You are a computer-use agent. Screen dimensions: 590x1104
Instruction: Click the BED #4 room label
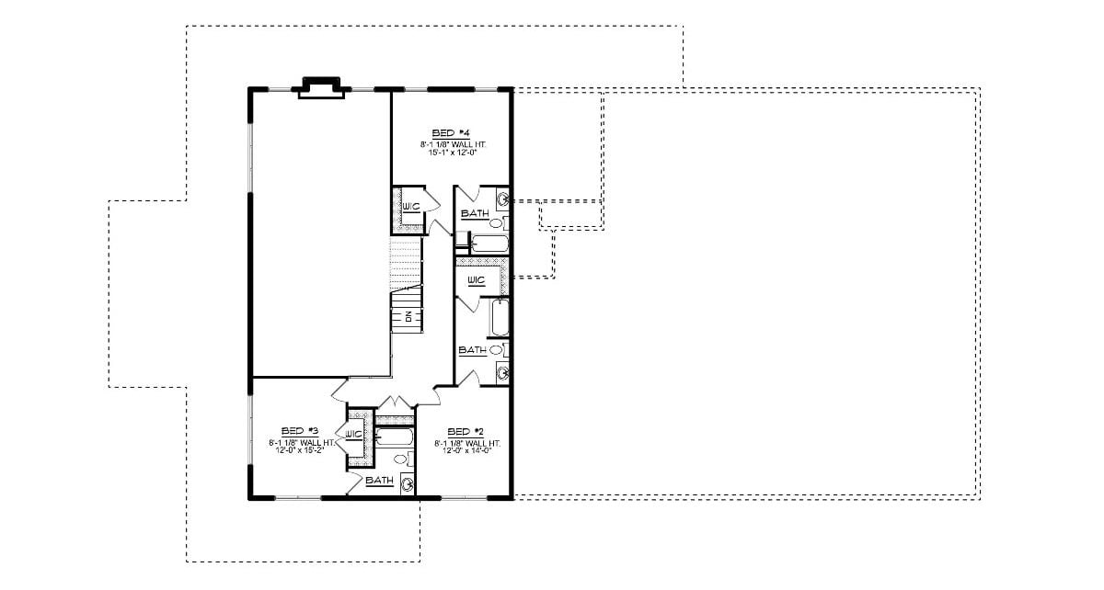coord(450,133)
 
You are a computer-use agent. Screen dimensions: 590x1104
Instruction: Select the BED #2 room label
coord(465,431)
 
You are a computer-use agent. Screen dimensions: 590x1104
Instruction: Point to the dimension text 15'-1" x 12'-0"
coord(450,153)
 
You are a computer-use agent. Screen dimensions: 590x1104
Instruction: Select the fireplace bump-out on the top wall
coord(319,87)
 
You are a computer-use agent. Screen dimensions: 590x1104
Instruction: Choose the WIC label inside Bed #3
coord(354,434)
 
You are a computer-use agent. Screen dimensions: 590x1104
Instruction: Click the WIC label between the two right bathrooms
coord(476,280)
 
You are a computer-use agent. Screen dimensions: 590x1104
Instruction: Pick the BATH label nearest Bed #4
coord(475,213)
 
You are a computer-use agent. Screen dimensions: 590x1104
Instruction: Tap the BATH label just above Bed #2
coord(472,350)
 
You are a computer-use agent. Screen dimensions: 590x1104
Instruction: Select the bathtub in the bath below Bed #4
coord(488,243)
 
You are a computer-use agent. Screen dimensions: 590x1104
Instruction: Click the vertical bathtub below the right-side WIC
coord(500,318)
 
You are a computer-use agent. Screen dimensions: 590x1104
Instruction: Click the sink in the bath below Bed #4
coord(503,199)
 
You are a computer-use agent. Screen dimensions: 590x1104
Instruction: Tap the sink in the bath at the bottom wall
coord(407,482)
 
